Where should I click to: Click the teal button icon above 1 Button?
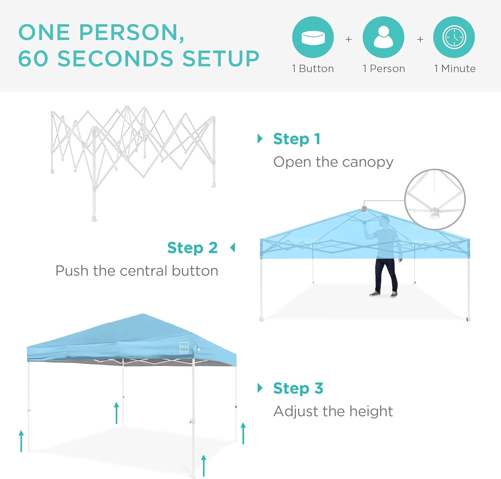point(313,37)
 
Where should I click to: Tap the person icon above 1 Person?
point(383,37)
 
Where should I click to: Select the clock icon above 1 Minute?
point(454,37)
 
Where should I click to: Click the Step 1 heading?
point(297,139)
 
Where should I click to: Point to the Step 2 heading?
point(192,248)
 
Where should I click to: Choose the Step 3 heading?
point(298,388)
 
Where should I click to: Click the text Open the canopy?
point(333,162)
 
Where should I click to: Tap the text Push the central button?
point(137,271)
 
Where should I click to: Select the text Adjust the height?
point(333,411)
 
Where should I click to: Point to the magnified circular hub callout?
point(435,199)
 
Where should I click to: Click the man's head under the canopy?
point(385,221)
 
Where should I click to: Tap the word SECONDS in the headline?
point(116,59)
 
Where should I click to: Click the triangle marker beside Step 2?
point(233,248)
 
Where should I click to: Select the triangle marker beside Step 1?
point(260,139)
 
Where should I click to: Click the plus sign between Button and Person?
point(348,39)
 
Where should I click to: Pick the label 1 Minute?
point(455,69)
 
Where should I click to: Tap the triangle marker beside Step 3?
point(260,388)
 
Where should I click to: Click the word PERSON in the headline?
point(132,32)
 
